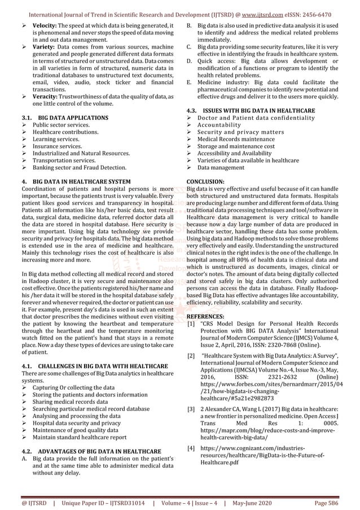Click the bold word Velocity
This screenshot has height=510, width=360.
point(45,27)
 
